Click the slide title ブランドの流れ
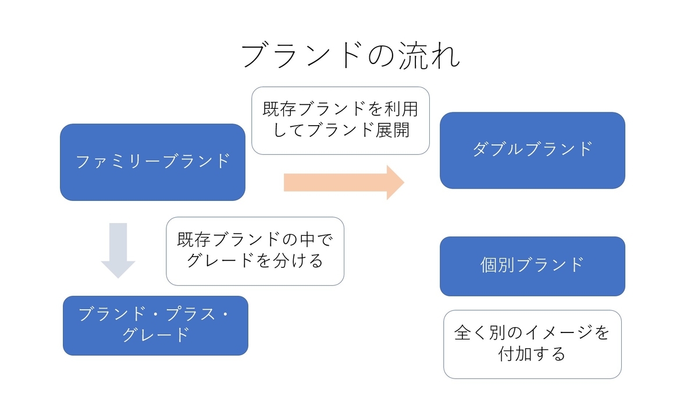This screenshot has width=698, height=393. pos(351,55)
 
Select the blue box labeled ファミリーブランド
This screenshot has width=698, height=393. pos(152,162)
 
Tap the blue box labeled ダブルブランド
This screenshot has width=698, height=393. pos(532,150)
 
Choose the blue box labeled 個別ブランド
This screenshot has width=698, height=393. pos(532,266)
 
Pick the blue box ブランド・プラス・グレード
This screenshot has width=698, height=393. pos(155,325)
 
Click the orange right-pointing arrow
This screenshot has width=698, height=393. pos(344,182)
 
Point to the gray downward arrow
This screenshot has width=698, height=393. pos(118,250)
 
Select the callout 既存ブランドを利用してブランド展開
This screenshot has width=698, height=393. pos(341,121)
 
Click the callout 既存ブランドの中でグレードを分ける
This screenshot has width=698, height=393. pos(255,251)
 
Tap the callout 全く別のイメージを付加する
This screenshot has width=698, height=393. pos(532,344)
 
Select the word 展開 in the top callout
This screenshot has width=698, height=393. pos(392,130)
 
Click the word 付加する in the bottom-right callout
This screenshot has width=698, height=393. pos(532,354)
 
